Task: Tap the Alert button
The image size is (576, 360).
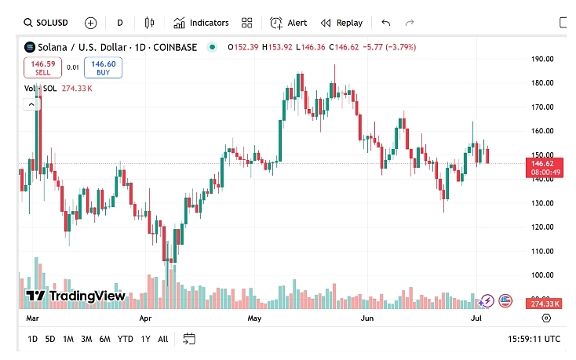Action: (x=289, y=23)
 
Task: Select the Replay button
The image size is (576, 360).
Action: (x=341, y=23)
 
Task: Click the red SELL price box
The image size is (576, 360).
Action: (x=42, y=67)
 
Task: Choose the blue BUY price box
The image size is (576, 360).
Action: (x=103, y=67)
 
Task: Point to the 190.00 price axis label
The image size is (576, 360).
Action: (x=543, y=59)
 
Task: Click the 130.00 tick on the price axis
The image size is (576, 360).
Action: (x=543, y=203)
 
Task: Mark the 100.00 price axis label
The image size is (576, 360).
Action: (x=543, y=275)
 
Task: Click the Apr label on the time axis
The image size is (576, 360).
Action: (x=145, y=319)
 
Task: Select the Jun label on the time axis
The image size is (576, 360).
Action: (x=366, y=319)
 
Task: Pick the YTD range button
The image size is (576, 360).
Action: (x=125, y=339)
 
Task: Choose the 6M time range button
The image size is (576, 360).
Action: (x=104, y=339)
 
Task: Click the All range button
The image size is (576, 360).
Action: (x=162, y=339)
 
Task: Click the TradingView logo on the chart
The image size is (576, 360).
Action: (x=75, y=296)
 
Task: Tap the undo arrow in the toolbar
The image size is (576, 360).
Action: (x=385, y=23)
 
